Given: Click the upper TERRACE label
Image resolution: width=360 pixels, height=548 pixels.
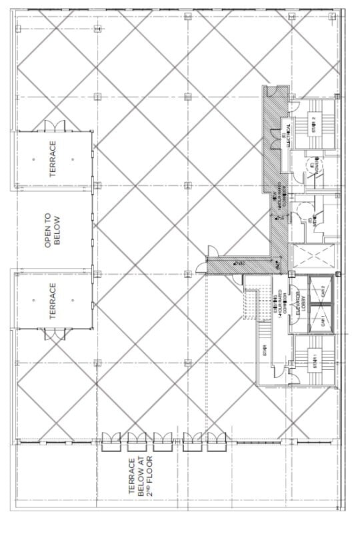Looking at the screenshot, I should point(53,159).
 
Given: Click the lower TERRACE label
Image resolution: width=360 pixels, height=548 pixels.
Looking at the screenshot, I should point(53,301).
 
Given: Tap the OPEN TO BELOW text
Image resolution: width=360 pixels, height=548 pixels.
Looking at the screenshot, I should point(53,231).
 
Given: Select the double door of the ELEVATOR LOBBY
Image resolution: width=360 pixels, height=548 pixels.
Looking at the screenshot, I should point(290,365).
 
